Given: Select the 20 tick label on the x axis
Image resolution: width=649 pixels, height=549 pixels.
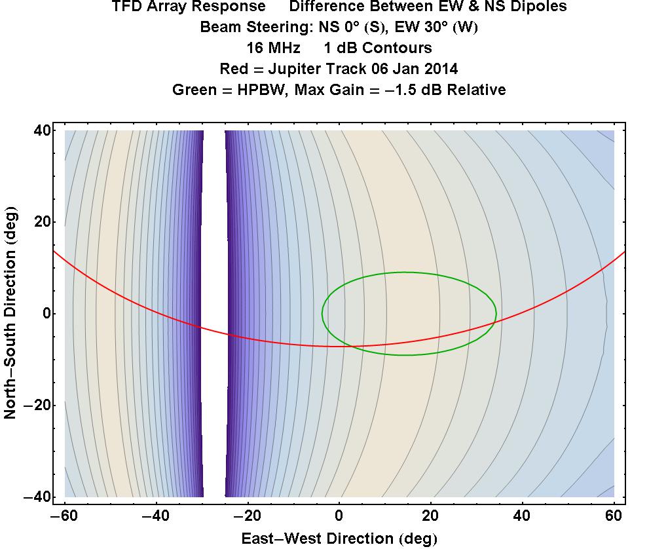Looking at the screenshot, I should pyautogui.click(x=431, y=517).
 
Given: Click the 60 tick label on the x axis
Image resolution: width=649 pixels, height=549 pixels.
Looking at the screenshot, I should pyautogui.click(x=614, y=517).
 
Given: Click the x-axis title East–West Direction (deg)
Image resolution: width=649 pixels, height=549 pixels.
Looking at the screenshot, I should pyautogui.click(x=339, y=539).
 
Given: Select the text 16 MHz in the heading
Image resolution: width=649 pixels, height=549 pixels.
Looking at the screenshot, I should pyautogui.click(x=273, y=48).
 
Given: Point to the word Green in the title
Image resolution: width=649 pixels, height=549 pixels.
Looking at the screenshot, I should pyautogui.click(x=194, y=90).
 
